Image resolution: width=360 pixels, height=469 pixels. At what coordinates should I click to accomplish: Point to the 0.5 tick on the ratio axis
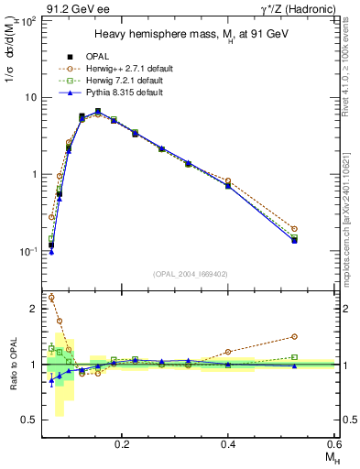coord(30,420)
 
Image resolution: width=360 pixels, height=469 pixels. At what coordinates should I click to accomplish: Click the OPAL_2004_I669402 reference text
coord(190,274)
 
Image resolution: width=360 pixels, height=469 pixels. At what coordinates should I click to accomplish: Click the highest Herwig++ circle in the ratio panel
coord(51,298)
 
